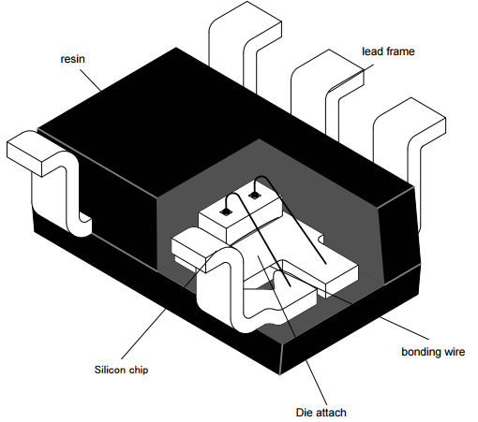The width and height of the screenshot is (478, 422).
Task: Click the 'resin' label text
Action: [x=72, y=59]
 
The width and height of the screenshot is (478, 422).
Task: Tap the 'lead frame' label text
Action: [x=388, y=51]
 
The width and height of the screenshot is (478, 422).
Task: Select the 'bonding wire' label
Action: [x=433, y=352]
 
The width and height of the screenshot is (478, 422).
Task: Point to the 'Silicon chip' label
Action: [x=121, y=370]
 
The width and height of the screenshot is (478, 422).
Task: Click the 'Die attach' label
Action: [x=321, y=413]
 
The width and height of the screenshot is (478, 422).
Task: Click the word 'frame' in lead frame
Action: [x=400, y=51]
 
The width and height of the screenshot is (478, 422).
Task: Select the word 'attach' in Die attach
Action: [x=330, y=413]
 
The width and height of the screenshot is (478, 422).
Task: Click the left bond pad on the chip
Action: [x=224, y=212]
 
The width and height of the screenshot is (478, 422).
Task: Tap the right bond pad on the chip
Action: [x=254, y=195]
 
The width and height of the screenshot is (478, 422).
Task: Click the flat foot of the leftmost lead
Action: [x=24, y=153]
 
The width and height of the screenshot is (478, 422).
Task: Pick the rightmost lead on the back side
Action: [x=411, y=140]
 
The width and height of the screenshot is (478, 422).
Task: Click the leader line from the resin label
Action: [x=91, y=80]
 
